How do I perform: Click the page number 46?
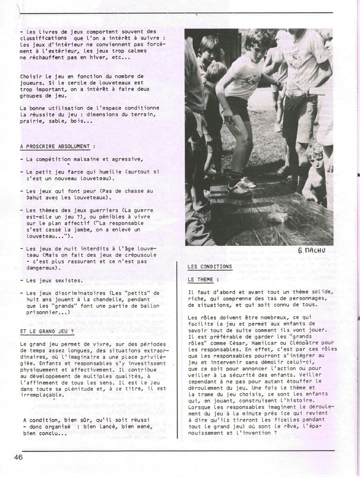pos(18,457)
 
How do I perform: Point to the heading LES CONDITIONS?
pos(210,266)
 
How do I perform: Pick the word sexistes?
pos(70,280)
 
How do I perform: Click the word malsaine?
pos(83,159)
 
